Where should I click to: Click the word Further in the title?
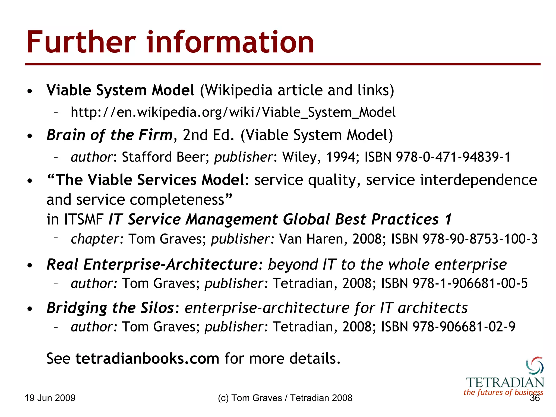pyautogui.click(x=81, y=42)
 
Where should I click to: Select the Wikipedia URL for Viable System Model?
pyautogui.click(x=233, y=112)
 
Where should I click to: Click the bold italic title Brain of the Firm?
pyautogui.click(x=109, y=135)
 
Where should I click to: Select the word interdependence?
pyautogui.click(x=478, y=180)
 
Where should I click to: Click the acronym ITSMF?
pyautogui.click(x=84, y=219)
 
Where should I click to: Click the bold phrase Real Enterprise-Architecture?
pyautogui.click(x=152, y=264)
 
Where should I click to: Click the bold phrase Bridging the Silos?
pyautogui.click(x=110, y=308)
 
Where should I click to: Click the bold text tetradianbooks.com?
pyautogui.click(x=147, y=359)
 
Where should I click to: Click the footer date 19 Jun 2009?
pyautogui.click(x=50, y=398)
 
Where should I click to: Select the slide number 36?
pyautogui.click(x=535, y=398)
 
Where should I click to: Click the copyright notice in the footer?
pyautogui.click(x=285, y=398)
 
